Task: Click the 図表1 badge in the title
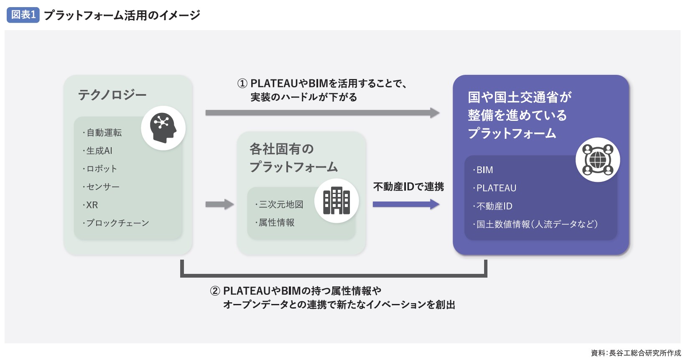(23, 15)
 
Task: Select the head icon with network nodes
(163, 128)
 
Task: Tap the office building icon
(337, 201)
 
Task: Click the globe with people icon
(597, 160)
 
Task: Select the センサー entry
(102, 187)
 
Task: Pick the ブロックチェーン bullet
(117, 223)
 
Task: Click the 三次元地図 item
(281, 204)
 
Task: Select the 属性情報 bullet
(276, 222)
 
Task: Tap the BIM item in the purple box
(485, 170)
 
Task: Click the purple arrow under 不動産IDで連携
(405, 204)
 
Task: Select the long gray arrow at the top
(322, 112)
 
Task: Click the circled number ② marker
(215, 291)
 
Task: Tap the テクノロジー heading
(112, 95)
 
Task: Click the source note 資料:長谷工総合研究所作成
(635, 353)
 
